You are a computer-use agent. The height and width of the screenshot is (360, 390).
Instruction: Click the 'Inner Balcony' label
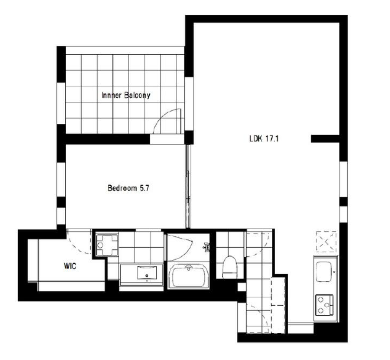pos(126,95)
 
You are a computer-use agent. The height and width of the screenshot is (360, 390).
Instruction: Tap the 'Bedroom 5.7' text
pos(128,188)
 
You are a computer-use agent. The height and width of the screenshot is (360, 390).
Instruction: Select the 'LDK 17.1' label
pos(264,138)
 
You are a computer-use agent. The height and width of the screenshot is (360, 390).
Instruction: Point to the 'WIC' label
pos(70,266)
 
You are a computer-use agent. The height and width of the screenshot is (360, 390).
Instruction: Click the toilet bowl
pos(230,267)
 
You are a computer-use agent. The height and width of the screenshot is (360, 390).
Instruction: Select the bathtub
pos(189,275)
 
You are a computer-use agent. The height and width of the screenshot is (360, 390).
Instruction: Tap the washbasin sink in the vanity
pos(147,273)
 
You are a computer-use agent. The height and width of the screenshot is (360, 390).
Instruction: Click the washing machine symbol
pos(107,245)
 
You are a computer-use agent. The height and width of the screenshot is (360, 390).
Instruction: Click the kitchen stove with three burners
pos(324,305)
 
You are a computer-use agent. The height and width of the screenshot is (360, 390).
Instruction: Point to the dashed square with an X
pos(326,241)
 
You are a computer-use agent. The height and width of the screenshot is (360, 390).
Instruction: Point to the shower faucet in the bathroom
pos(206,247)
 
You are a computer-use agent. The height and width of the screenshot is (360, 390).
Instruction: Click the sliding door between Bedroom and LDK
pos(188,186)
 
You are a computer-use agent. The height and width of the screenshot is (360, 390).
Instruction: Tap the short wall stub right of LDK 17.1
pos(325,139)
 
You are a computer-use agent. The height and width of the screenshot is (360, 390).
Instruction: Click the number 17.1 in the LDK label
pos(272,138)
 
